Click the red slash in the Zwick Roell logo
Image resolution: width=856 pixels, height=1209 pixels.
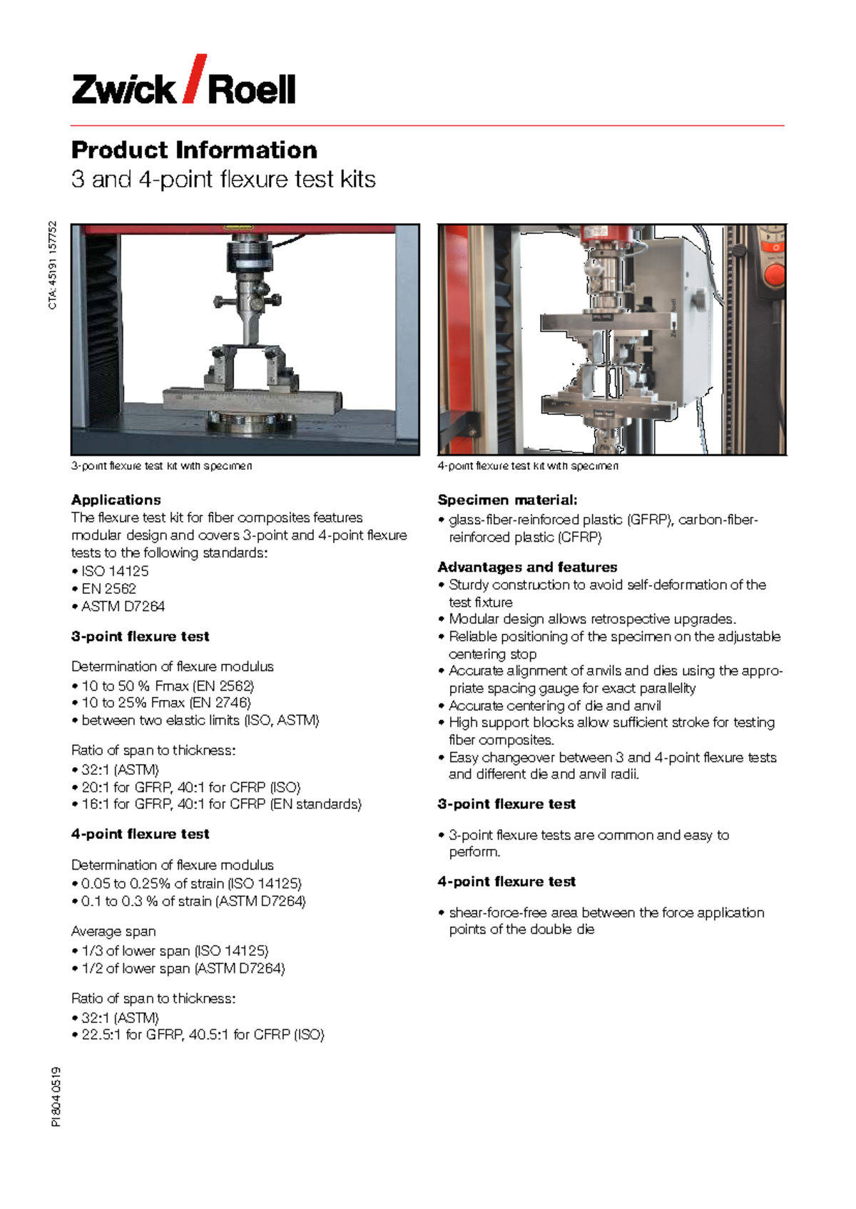pyautogui.click(x=195, y=78)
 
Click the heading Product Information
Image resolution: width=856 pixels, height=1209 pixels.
pyautogui.click(x=194, y=150)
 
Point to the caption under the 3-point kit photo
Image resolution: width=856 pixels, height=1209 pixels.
pyautogui.click(x=161, y=466)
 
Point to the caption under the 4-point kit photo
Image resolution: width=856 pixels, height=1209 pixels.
pyautogui.click(x=528, y=466)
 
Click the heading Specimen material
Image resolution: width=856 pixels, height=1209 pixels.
pyautogui.click(x=507, y=500)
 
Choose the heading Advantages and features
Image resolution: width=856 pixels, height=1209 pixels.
pyautogui.click(x=527, y=567)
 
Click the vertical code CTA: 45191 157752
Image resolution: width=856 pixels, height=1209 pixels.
pyautogui.click(x=53, y=265)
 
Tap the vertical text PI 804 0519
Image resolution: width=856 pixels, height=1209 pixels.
pyautogui.click(x=56, y=1096)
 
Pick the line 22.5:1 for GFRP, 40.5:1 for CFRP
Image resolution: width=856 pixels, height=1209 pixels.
pyautogui.click(x=203, y=1034)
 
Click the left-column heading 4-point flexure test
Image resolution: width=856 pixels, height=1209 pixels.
pyautogui.click(x=141, y=834)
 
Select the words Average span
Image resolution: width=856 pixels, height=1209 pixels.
pyautogui.click(x=113, y=931)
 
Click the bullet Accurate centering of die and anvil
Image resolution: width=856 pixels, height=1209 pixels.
pyautogui.click(x=554, y=706)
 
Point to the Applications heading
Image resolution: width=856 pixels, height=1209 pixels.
pyautogui.click(x=116, y=500)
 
